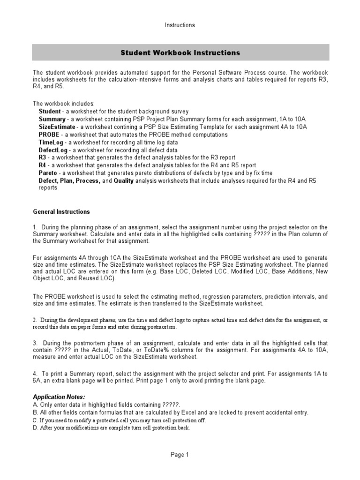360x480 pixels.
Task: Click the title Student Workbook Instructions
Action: coord(180,52)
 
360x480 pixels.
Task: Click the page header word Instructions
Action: coord(180,25)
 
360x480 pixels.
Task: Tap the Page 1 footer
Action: coord(180,454)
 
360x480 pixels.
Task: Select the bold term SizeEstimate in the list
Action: coord(57,127)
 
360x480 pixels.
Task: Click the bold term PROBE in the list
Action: coord(49,135)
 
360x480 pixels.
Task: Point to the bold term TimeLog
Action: coord(50,142)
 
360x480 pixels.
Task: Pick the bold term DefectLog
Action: coord(53,150)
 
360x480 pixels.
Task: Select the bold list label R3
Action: coord(42,157)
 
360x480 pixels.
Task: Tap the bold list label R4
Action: coord(42,165)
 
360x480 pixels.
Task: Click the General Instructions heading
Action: coord(61,212)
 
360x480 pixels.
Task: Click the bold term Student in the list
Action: coord(49,112)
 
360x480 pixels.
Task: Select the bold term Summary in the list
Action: coord(52,120)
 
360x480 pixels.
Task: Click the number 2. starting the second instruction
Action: coord(35,320)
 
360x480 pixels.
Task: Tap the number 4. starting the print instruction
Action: coord(35,374)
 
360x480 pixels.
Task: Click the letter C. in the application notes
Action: coord(35,420)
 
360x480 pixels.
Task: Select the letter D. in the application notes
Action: coord(36,428)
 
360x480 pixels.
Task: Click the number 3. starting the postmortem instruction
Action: coord(35,343)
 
